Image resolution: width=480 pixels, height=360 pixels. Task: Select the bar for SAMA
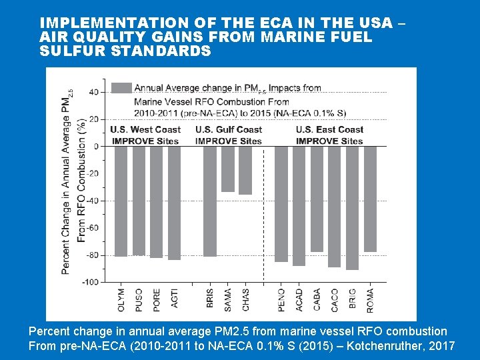[x=228, y=169]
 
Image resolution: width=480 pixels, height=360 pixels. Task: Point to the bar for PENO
[x=281, y=204]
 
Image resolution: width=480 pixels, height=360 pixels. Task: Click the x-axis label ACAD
[x=299, y=300]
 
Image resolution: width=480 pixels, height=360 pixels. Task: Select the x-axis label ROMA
[x=370, y=300]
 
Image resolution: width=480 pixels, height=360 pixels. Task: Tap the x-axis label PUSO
[x=139, y=300]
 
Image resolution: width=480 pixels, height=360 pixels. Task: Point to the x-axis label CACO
[x=335, y=300]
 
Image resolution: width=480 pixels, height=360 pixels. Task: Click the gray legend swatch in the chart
[x=121, y=88]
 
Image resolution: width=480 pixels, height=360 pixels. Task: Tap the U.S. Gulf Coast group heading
[x=229, y=129]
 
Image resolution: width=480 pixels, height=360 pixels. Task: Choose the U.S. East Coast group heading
[x=329, y=129]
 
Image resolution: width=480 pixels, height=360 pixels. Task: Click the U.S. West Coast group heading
[x=145, y=129]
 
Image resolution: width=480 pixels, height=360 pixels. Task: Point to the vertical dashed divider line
[x=264, y=213]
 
